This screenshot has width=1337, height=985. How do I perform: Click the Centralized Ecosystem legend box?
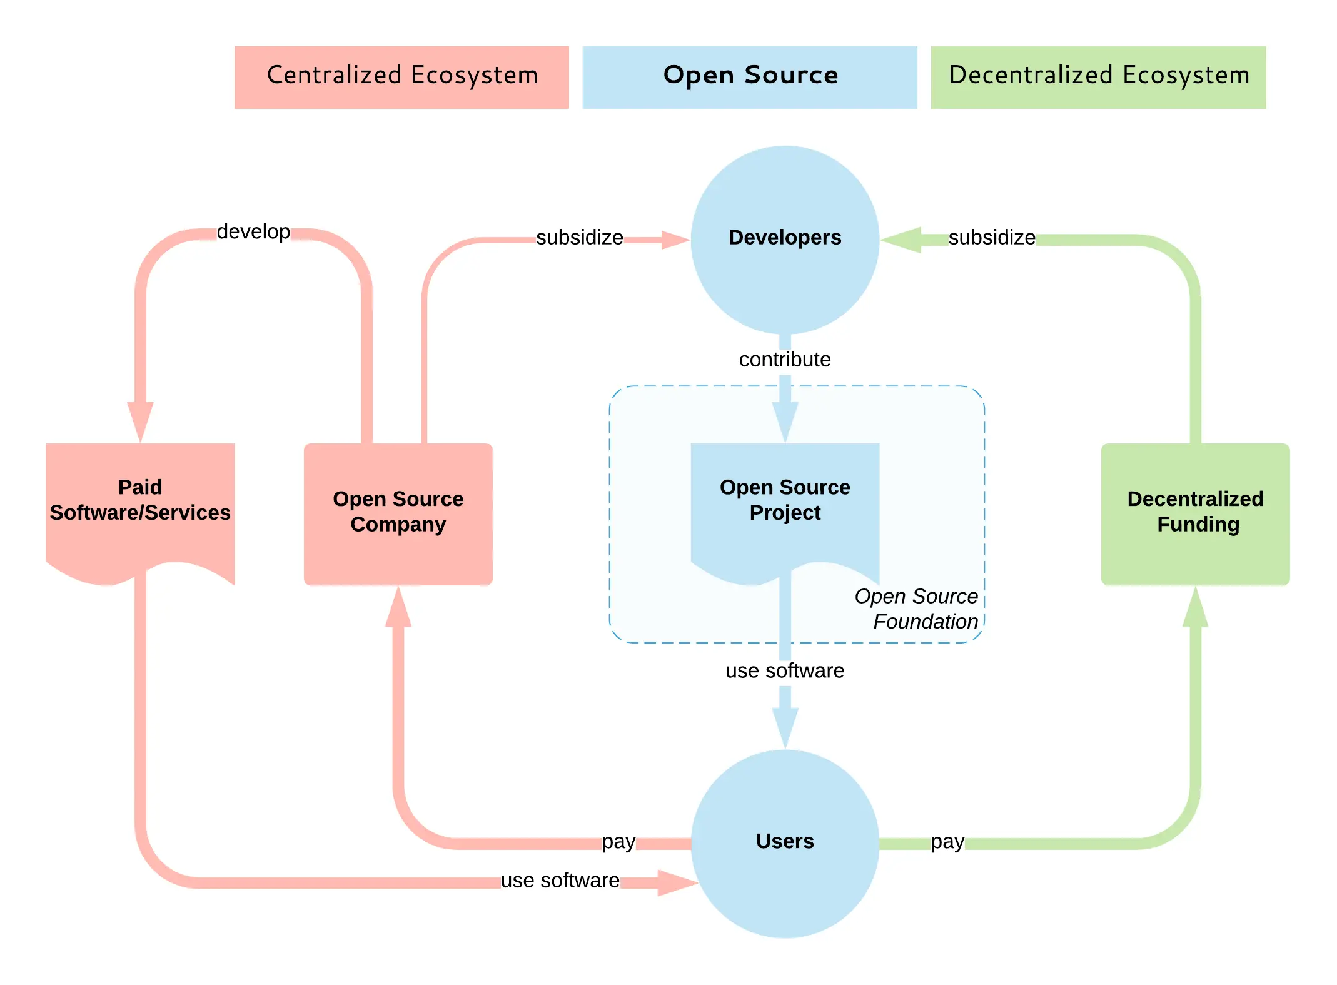coord(401,77)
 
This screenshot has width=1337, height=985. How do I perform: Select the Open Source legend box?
coord(750,77)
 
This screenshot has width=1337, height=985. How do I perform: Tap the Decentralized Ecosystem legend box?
coord(1098,77)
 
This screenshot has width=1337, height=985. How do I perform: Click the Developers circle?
coord(785,240)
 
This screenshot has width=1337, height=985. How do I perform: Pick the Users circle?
coord(785,844)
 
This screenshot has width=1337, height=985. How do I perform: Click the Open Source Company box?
coord(398,514)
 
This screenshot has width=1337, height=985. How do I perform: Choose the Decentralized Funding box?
coord(1195,514)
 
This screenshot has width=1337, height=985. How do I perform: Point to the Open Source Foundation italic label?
coord(916,609)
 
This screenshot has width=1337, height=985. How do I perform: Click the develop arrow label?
coord(253,231)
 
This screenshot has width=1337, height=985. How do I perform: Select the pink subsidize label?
coord(580,238)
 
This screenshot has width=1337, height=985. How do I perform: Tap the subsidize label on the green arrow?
coord(992,238)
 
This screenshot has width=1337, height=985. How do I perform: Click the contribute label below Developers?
coord(785,360)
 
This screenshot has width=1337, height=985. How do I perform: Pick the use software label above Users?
coord(785,670)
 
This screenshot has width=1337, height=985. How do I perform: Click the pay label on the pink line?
coord(618,842)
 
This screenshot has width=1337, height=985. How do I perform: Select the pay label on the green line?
coord(947,842)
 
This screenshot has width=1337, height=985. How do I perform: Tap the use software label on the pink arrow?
coord(560,881)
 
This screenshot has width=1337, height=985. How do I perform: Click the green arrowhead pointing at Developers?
coord(901,240)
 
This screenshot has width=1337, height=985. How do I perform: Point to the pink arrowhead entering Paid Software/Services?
coord(140,422)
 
